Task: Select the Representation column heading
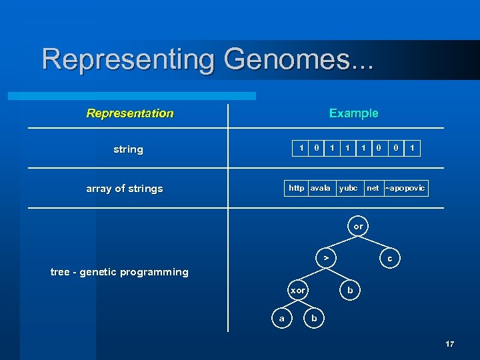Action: (x=130, y=113)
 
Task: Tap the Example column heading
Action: (x=353, y=113)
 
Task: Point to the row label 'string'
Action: (x=128, y=149)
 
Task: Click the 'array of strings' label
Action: (x=125, y=189)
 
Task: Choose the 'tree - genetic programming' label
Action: (x=119, y=272)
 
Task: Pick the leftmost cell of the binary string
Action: (x=301, y=148)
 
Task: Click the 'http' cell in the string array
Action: (x=297, y=188)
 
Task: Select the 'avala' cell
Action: (x=321, y=188)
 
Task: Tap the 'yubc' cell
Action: (x=349, y=188)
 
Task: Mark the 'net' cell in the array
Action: (x=373, y=188)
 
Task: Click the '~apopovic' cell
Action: (x=405, y=188)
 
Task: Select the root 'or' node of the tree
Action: (x=359, y=227)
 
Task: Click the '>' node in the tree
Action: (x=325, y=257)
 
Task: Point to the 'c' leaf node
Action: (x=390, y=257)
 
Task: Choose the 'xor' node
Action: (x=297, y=290)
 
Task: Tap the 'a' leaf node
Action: (x=281, y=319)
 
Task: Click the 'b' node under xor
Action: (x=315, y=319)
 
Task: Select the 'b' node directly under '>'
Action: (x=351, y=290)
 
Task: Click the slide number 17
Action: (x=450, y=344)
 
